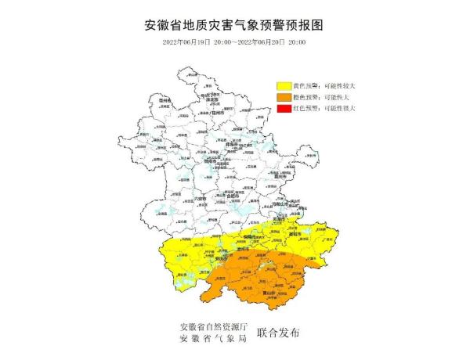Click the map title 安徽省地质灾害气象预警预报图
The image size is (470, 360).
(x=234, y=24)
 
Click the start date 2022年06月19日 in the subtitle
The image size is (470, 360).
(x=189, y=41)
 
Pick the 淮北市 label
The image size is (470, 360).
(x=211, y=100)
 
